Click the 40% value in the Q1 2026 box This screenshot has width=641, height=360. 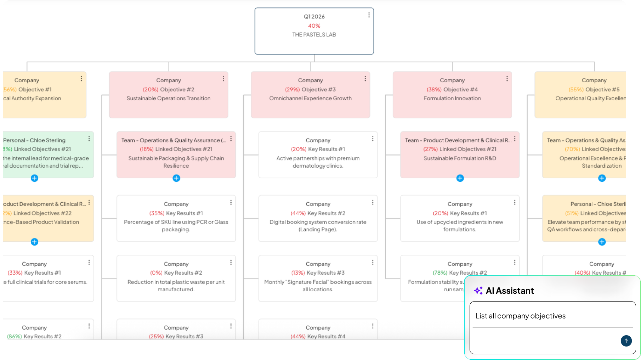[314, 26]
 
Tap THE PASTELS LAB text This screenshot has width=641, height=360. [314, 35]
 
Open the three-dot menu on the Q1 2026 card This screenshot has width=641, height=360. [369, 15]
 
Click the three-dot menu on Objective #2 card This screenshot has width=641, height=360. [223, 79]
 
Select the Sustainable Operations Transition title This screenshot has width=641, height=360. [169, 99]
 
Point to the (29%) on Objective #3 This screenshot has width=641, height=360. [292, 90]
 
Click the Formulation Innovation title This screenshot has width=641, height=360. [452, 99]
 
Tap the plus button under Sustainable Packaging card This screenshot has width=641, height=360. [176, 178]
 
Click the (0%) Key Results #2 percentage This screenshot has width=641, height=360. [156, 273]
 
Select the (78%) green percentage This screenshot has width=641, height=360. [440, 273]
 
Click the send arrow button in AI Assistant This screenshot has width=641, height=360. [626, 341]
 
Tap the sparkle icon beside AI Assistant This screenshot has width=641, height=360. [478, 291]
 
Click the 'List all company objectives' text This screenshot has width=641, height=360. [520, 316]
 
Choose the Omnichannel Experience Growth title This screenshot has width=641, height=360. [310, 99]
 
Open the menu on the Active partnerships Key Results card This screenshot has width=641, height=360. [373, 139]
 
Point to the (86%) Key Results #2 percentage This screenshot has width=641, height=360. [15, 337]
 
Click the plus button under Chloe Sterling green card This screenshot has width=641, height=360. [34, 178]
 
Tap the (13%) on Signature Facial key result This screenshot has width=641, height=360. [298, 273]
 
